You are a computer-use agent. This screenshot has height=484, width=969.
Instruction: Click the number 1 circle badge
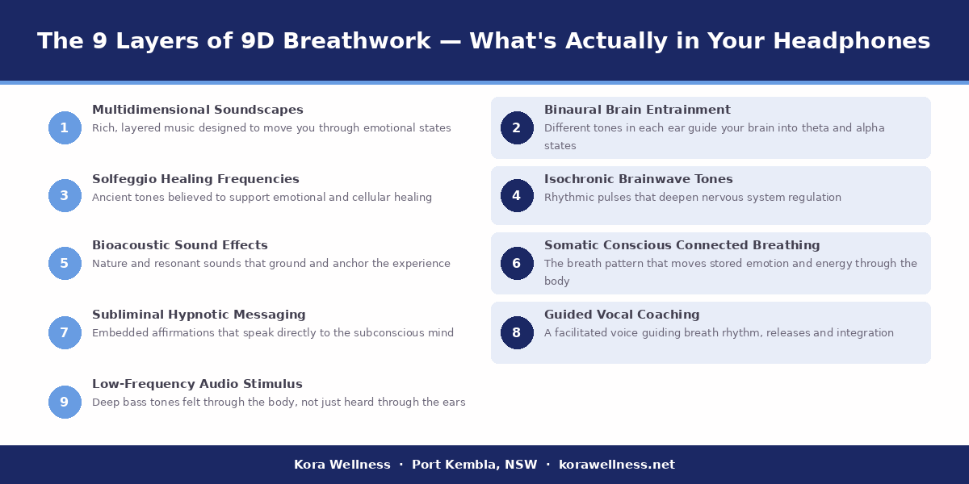click(65, 127)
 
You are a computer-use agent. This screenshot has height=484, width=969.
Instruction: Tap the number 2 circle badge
click(517, 127)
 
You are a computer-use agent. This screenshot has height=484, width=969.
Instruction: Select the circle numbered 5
click(65, 263)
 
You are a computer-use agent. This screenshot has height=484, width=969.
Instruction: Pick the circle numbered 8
click(517, 332)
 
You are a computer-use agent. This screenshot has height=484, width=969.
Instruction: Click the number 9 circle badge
click(65, 402)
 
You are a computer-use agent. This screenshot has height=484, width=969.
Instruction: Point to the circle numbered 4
click(517, 195)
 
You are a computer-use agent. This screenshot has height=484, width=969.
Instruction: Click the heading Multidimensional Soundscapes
click(198, 110)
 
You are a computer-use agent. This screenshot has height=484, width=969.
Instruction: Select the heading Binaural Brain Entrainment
click(637, 110)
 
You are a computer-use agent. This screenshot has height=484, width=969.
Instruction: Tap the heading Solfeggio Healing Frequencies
click(195, 179)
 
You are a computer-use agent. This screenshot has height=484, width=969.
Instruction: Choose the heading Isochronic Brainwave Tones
click(639, 179)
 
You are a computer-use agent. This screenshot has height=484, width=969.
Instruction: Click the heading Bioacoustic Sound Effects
click(180, 245)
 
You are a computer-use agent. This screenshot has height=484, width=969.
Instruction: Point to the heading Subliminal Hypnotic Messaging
click(199, 315)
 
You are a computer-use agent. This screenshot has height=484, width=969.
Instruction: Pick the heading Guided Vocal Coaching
click(622, 315)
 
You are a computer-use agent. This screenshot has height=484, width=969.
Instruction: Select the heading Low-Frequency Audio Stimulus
click(197, 384)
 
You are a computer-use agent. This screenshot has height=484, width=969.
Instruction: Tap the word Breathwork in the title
click(380, 41)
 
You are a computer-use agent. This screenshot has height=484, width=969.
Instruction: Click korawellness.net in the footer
click(617, 465)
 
